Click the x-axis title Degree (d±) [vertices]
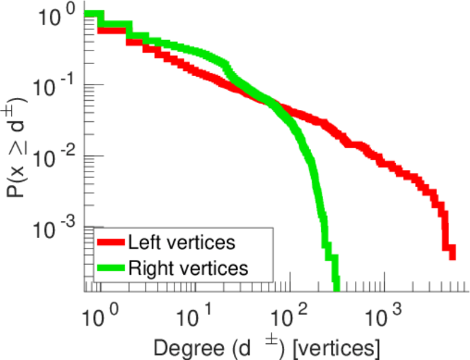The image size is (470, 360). [266, 347]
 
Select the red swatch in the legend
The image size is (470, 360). [111, 243]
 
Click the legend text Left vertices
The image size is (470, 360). [181, 243]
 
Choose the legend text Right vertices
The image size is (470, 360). [188, 268]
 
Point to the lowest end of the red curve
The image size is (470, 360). [452, 257]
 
